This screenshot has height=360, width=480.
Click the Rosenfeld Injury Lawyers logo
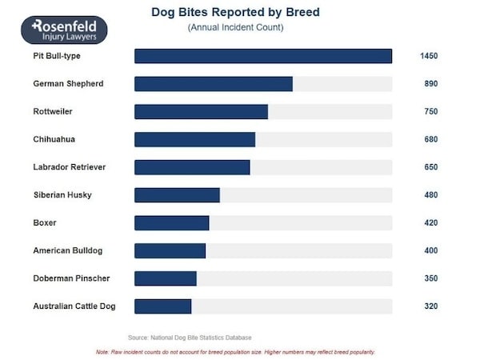click(64, 31)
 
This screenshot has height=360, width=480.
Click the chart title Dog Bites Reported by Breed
click(235, 13)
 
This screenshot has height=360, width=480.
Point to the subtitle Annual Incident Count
click(235, 28)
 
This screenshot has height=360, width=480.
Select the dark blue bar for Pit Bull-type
click(262, 56)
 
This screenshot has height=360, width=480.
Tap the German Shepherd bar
click(213, 84)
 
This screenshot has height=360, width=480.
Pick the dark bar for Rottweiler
click(201, 111)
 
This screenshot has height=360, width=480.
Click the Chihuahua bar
click(194, 139)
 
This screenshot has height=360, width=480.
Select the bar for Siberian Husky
click(177, 195)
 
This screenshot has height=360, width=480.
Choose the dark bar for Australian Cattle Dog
click(162, 306)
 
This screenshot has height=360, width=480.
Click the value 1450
click(429, 56)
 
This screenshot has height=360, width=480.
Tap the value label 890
click(430, 84)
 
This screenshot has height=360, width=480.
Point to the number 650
click(430, 167)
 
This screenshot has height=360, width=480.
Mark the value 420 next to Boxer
click(430, 223)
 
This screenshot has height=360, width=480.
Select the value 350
click(430, 278)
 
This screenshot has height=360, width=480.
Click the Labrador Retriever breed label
click(69, 167)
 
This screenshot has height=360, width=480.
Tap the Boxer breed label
click(45, 223)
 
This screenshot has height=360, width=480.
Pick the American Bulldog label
click(67, 250)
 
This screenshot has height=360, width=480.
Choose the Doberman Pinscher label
click(71, 278)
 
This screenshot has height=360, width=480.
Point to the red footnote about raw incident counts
click(235, 352)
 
